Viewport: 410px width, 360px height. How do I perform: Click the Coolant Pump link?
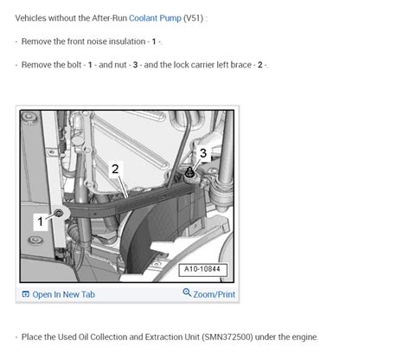tap(155, 18)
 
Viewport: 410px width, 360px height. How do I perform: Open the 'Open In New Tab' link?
tap(63, 294)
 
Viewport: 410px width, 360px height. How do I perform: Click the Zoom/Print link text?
tap(214, 294)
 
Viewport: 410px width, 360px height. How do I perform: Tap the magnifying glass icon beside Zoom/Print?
tap(187, 292)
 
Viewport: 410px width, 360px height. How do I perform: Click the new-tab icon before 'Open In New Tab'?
tap(26, 294)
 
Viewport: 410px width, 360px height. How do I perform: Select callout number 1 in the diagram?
tap(41, 222)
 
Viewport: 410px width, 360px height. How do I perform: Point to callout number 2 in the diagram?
tap(115, 169)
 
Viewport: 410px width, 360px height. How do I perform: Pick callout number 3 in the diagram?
tap(203, 153)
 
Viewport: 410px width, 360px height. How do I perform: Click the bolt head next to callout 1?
tap(59, 213)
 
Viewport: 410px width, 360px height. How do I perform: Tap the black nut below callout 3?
tap(189, 172)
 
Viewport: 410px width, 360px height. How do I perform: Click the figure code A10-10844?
tap(202, 269)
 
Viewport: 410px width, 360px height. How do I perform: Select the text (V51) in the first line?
tap(194, 18)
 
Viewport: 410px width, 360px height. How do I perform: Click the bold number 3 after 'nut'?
tap(135, 65)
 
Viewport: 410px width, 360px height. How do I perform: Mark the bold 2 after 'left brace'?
tap(260, 65)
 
